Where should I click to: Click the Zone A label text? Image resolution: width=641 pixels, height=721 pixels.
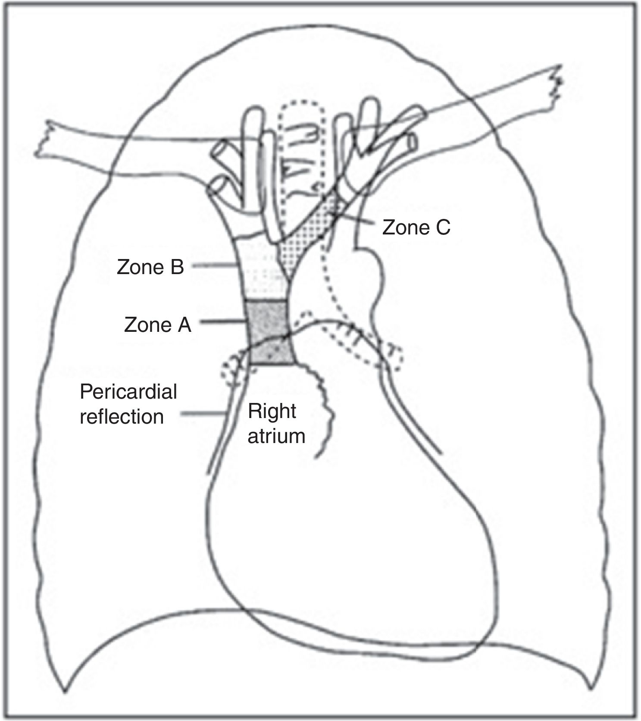point(157,325)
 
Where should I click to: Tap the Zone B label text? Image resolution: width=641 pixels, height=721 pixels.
point(150,268)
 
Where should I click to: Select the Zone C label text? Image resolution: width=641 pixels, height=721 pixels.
point(416,228)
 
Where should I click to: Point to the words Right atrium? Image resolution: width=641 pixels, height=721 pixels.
point(276,424)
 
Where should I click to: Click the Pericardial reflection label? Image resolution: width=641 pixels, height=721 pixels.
point(128,404)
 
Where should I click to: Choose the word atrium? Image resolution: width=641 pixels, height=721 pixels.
point(276,436)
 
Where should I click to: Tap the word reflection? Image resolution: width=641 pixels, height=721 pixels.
point(122,417)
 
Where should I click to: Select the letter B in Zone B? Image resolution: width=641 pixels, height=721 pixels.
point(176,268)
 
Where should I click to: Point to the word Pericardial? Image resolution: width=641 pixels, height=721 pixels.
point(128,392)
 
